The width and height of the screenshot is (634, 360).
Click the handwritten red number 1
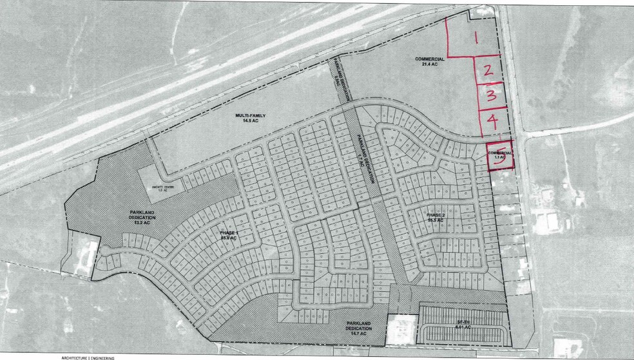pos(475,37)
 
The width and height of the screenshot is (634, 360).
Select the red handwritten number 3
pos(491,96)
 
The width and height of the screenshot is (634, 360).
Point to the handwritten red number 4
pos(492,120)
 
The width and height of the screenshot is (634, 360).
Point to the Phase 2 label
pos(437,216)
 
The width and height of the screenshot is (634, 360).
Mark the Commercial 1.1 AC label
pos(500,154)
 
